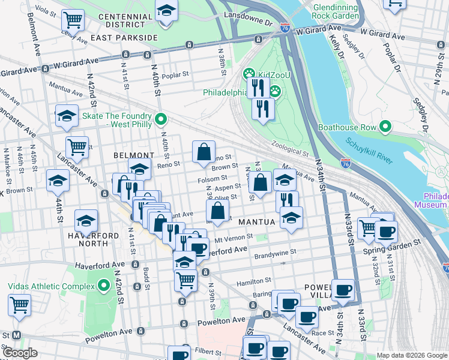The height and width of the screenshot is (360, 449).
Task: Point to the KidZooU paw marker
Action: point(249,74)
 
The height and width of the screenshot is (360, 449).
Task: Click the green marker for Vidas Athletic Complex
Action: point(103,285)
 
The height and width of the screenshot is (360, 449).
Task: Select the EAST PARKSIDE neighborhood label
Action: point(124,37)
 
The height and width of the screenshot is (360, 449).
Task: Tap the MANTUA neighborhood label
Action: point(256,222)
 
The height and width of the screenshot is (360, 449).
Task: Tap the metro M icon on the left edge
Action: point(16,335)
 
